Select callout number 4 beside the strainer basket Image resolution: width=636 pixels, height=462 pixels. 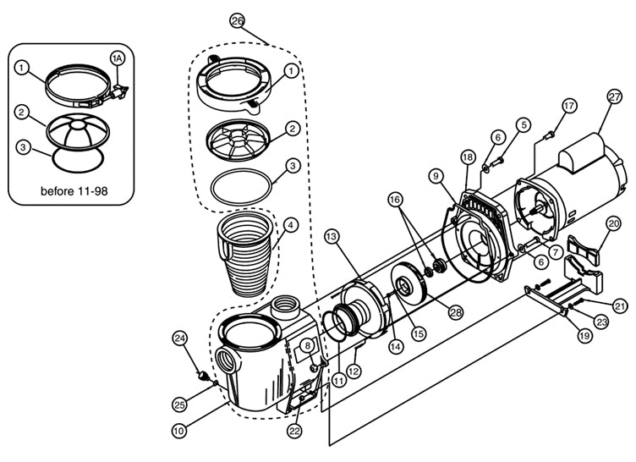pos(291,226)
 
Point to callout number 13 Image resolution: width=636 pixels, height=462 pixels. pos(332,234)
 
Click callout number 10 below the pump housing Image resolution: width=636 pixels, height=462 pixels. pos(179,431)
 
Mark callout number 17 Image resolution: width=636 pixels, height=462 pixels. pos(568,106)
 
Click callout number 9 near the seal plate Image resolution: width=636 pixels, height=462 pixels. pos(435,176)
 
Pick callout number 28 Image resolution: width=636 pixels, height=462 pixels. pos(456,312)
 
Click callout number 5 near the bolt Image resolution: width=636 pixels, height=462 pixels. pos(524,124)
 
